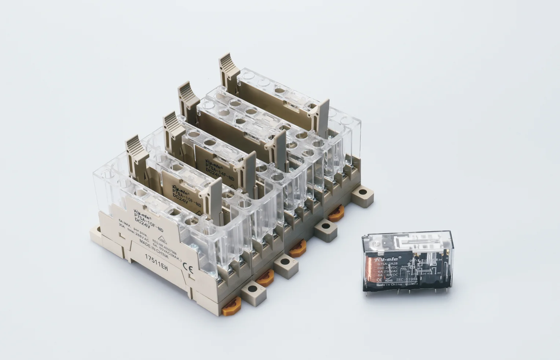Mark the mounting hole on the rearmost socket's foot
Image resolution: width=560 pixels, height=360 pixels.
pos(363,192)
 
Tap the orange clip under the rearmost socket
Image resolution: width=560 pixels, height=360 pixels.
pos(336,213)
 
